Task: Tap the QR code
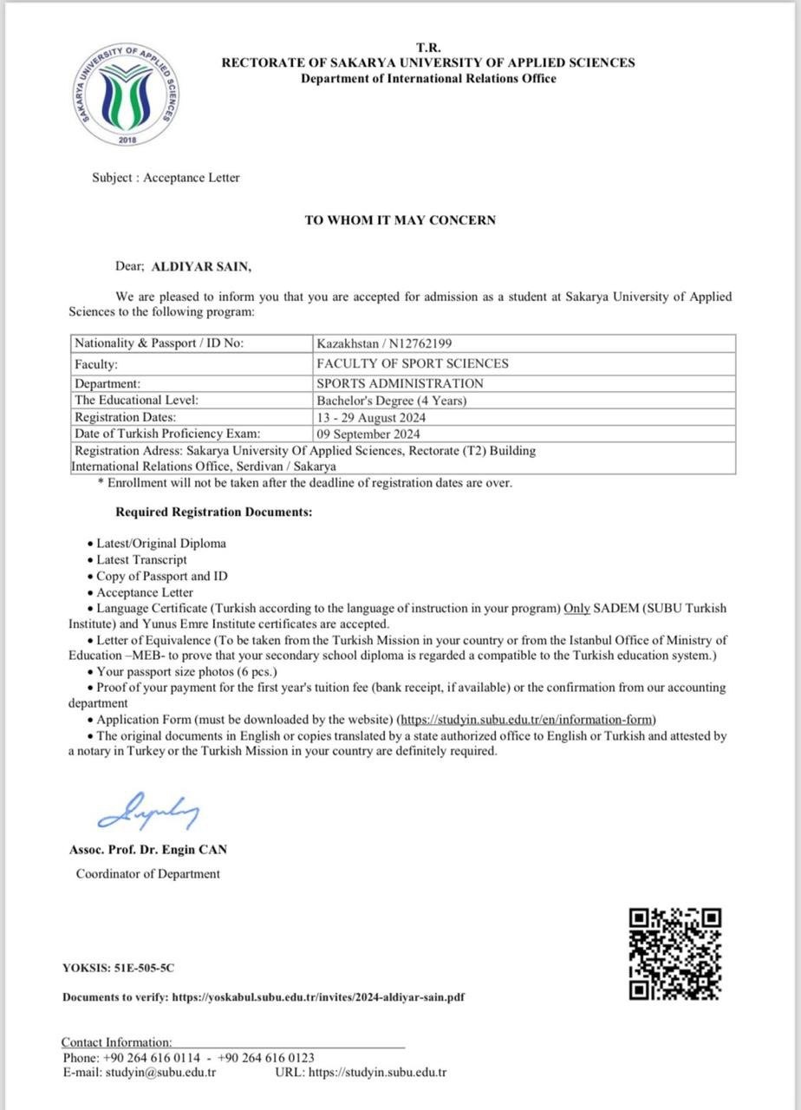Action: coord(675,953)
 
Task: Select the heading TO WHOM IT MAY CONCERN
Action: coord(400,220)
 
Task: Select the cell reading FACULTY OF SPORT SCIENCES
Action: coord(413,364)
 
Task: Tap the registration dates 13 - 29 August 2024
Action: coord(371,417)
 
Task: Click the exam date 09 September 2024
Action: coord(368,434)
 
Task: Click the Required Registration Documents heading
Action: coord(213,512)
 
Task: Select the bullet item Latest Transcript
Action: coord(141,559)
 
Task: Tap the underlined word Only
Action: coord(577,608)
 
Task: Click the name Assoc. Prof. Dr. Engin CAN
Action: coord(148,850)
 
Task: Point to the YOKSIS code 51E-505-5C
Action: coord(137,968)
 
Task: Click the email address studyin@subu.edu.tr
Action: coord(160,1073)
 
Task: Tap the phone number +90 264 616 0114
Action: coord(152,1058)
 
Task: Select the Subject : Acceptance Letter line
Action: coord(166,178)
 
